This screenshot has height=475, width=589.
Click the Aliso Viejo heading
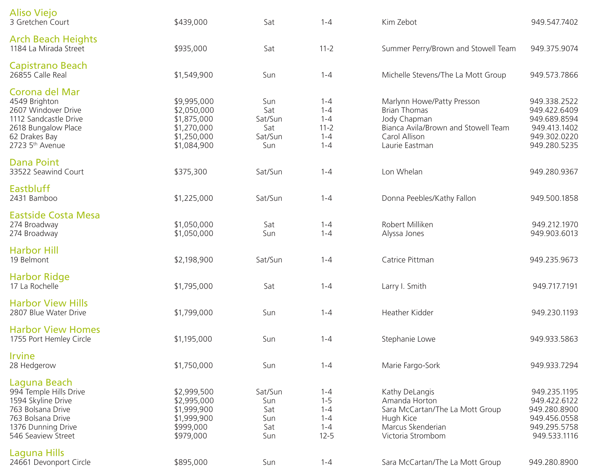33,13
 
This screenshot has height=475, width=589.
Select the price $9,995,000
194,101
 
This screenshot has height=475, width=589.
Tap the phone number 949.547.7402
554,22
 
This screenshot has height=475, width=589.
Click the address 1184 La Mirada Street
47,49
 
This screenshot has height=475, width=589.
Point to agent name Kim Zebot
399,22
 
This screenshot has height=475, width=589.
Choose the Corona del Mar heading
44,92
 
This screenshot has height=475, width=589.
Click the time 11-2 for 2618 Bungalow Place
326,128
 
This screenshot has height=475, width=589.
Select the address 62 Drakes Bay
33,137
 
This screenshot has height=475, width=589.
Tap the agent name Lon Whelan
402,172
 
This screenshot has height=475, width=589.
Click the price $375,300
190,172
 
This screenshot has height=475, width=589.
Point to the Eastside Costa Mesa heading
54,215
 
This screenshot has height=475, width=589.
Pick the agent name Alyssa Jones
403,234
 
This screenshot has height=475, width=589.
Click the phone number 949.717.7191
555,286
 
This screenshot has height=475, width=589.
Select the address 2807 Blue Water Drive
48,313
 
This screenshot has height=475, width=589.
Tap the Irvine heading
22,356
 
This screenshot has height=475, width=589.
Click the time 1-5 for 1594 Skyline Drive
326,401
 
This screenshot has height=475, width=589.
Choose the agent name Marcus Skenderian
414,427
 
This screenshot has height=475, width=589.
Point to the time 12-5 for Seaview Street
326,436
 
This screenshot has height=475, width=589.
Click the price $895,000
191,462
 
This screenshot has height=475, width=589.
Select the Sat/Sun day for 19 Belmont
269,260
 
